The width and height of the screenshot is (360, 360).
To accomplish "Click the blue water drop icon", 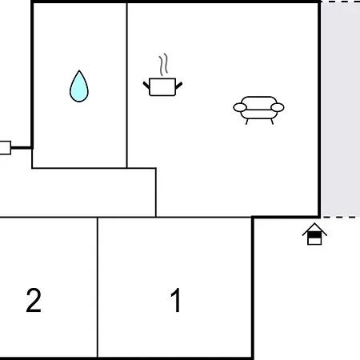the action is coord(79,86).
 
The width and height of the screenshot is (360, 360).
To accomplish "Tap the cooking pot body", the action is coord(162,87).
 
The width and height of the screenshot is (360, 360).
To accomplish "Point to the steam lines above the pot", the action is coord(164,65).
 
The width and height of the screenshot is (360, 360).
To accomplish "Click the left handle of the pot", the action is coord(146,85).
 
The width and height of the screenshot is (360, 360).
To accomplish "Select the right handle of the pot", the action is coord(179,86).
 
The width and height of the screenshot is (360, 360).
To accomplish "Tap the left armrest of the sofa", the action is coord(240,107).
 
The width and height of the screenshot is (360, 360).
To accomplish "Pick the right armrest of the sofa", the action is coord(278,107).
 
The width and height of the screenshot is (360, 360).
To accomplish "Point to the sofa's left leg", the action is coord(246,122).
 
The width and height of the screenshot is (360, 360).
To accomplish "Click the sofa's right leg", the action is coord(272,122).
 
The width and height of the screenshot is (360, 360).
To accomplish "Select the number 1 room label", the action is coord(176,300).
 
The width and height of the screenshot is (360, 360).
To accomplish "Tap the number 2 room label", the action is coord(34,300).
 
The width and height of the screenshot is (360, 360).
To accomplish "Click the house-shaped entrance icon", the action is coord(314,234).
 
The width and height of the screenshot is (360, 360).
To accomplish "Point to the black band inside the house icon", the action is coord(314,235).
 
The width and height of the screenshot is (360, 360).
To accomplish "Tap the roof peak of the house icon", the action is coord(314,223).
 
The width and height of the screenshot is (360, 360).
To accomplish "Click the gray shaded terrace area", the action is coord(341,110).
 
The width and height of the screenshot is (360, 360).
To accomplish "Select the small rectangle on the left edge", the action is coord(5,147).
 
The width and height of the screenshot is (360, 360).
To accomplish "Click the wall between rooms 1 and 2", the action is coord(98,287).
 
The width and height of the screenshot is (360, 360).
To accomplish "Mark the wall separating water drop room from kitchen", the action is coord(127,86).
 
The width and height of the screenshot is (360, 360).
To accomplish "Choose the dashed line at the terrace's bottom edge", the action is coord(341,217).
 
